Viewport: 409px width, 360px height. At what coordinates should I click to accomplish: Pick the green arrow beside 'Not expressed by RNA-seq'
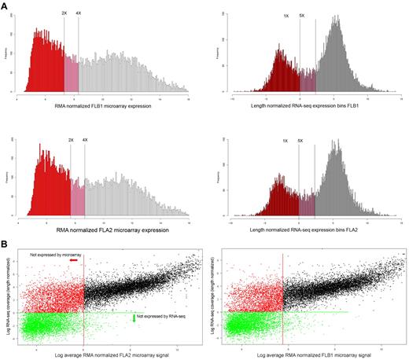[134, 318]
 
